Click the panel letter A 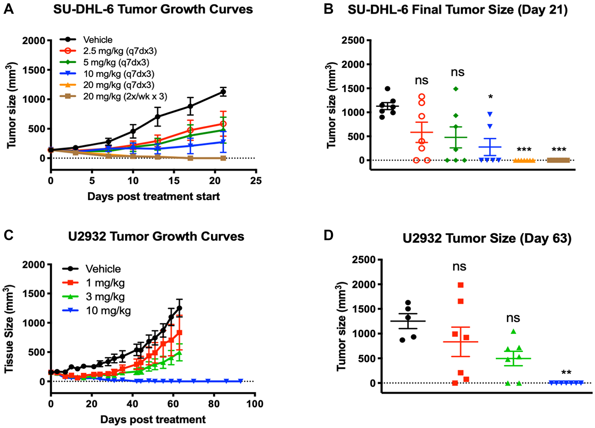[9, 9]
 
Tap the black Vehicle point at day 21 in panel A [223, 92]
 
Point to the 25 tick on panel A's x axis [256, 180]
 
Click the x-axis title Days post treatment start [154, 196]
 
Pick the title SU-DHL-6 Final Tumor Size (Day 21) [458, 10]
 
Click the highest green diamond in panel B [456, 89]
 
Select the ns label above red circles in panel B [422, 80]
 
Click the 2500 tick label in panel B [353, 40]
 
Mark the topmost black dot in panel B [387, 89]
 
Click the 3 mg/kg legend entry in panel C [105, 297]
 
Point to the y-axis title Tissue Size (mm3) [9, 329]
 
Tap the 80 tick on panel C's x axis [214, 404]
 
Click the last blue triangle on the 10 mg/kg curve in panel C [240, 381]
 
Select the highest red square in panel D [461, 285]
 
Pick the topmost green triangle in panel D [513, 331]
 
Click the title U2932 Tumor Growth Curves [156, 237]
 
